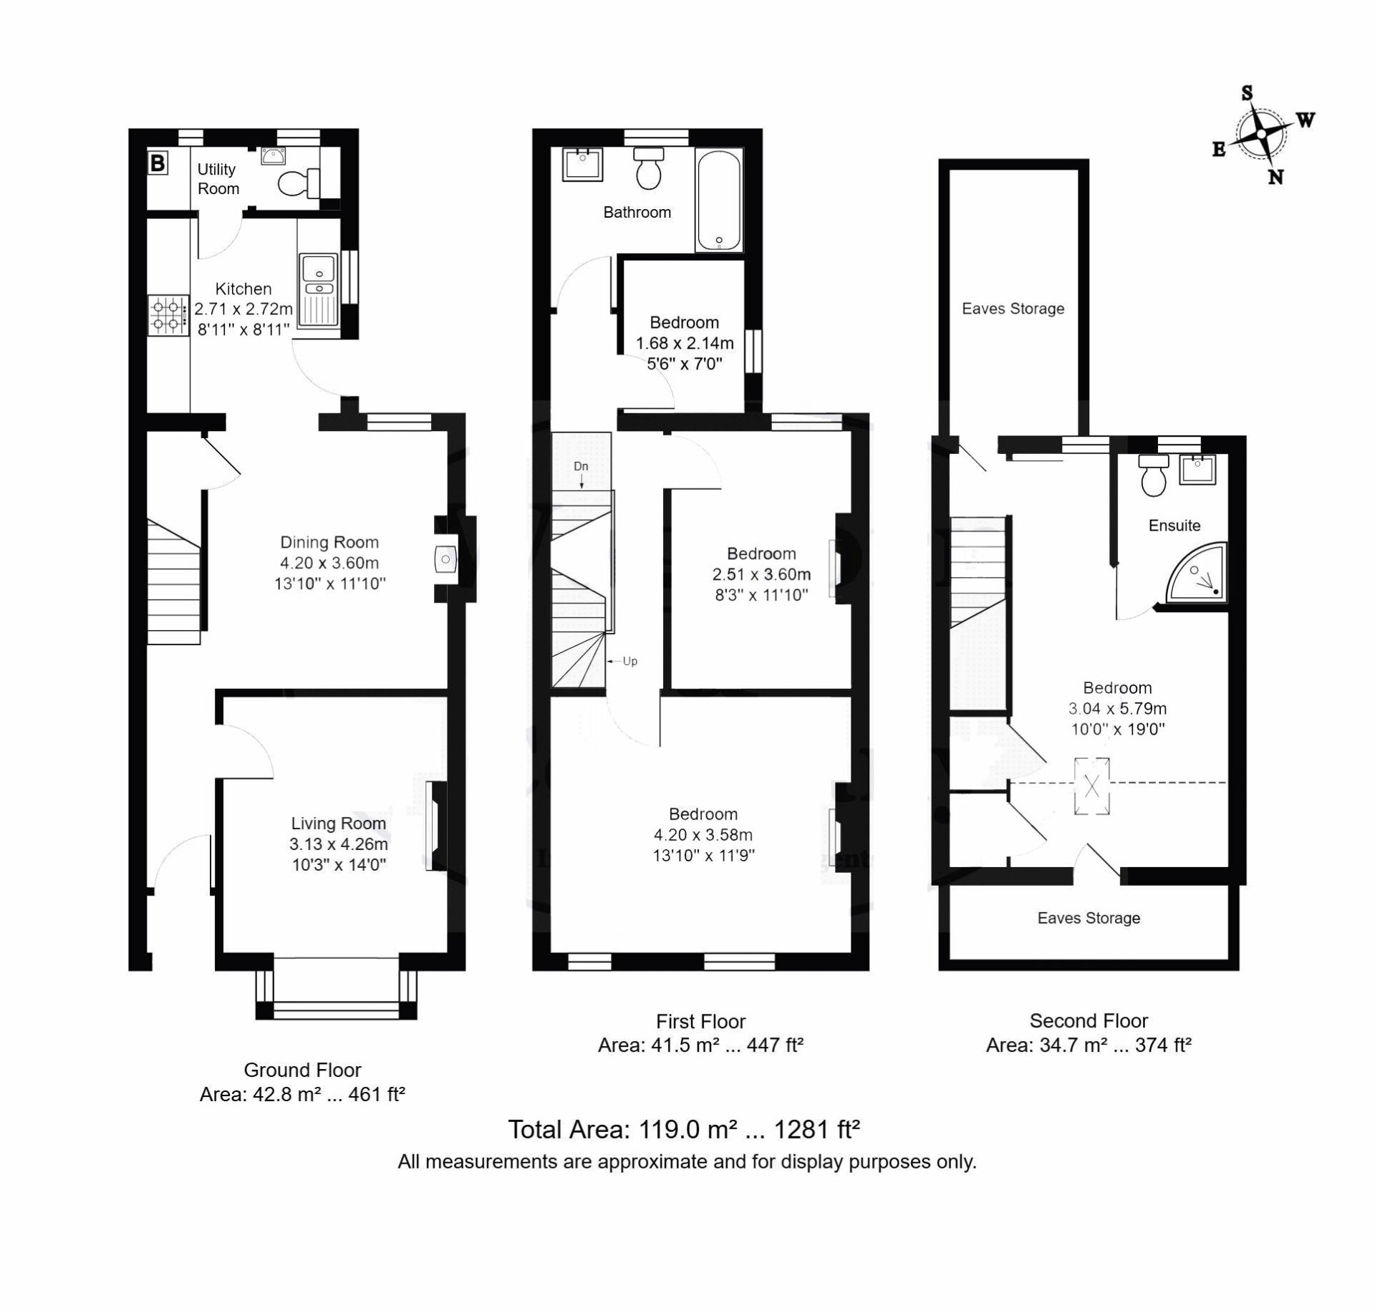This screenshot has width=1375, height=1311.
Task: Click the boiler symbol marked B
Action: click(x=157, y=163)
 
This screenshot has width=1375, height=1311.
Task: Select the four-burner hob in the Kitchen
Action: click(x=165, y=316)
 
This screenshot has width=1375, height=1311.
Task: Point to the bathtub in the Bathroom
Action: click(x=718, y=200)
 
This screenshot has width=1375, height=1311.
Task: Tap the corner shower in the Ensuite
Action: click(x=1197, y=573)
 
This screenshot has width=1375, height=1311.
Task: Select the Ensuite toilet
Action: click(x=1154, y=475)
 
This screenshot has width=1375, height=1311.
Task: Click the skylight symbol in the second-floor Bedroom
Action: click(x=1092, y=786)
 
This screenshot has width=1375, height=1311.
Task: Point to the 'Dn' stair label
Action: click(x=581, y=466)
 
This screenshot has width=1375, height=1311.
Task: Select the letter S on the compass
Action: click(x=1247, y=93)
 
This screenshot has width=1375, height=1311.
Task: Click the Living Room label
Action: click(x=338, y=823)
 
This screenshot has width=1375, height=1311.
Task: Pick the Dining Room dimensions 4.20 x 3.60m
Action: click(x=329, y=563)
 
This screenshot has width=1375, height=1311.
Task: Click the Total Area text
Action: click(x=684, y=1129)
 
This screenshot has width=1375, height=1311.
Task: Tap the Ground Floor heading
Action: click(x=302, y=1070)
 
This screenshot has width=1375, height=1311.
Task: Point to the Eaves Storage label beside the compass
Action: click(x=1013, y=309)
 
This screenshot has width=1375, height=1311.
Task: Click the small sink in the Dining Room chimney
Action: click(x=445, y=558)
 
